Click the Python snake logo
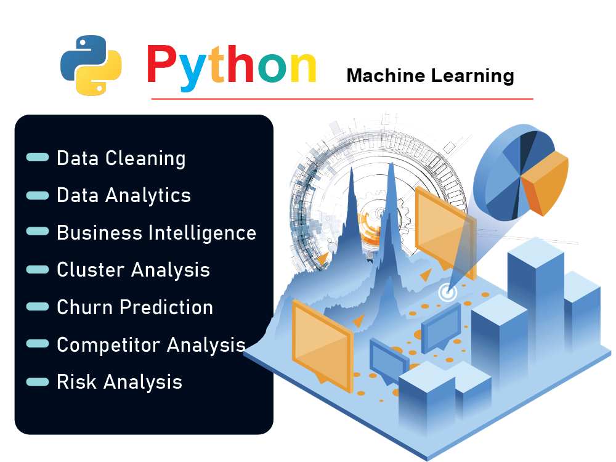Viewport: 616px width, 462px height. [x=91, y=65]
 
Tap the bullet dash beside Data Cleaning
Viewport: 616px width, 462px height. [x=38, y=158]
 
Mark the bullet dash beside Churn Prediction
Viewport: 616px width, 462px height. [x=38, y=307]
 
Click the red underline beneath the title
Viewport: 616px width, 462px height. [x=342, y=99]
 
